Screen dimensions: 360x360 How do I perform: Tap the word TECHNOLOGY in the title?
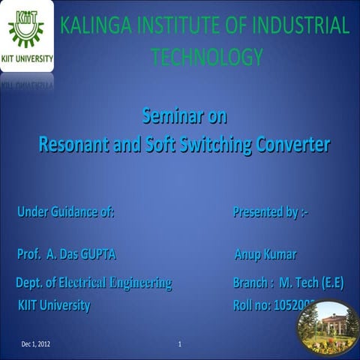(206, 57)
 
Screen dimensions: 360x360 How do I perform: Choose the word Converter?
(292, 144)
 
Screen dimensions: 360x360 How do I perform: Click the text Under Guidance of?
(66, 211)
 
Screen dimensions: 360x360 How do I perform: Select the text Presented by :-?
(271, 211)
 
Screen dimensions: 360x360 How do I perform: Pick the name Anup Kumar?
(265, 254)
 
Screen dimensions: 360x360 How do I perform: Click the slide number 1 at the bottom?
(181, 344)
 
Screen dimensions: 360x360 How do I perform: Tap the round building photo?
(328, 328)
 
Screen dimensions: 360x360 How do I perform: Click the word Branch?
(252, 283)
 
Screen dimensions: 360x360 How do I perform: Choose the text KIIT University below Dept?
(54, 305)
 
